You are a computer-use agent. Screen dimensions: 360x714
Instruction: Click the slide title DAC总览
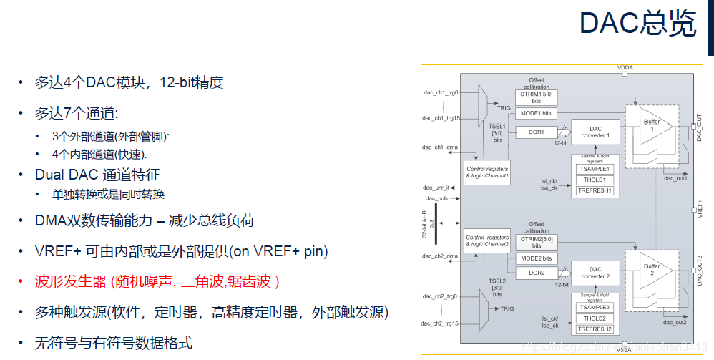coord(637,24)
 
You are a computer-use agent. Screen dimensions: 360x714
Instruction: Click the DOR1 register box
coord(537,132)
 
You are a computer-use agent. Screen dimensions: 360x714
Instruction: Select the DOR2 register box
coord(537,273)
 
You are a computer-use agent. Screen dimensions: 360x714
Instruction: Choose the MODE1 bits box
coord(536,114)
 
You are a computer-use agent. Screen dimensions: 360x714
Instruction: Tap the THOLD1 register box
coord(595,180)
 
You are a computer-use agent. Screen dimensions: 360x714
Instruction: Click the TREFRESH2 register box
coord(595,329)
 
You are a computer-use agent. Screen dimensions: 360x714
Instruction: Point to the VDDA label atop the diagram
coord(625,68)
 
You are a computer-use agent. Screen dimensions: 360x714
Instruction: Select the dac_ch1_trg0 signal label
coord(441,92)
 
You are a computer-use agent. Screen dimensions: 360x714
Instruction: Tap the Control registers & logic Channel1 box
coord(486,172)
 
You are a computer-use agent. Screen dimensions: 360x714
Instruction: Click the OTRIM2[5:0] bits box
coord(536,241)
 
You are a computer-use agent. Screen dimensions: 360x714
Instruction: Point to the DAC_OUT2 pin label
coord(700,271)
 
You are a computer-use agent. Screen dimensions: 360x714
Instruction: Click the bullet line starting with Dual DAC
coord(97,175)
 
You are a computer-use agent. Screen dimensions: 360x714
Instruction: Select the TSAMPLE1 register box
coord(595,169)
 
